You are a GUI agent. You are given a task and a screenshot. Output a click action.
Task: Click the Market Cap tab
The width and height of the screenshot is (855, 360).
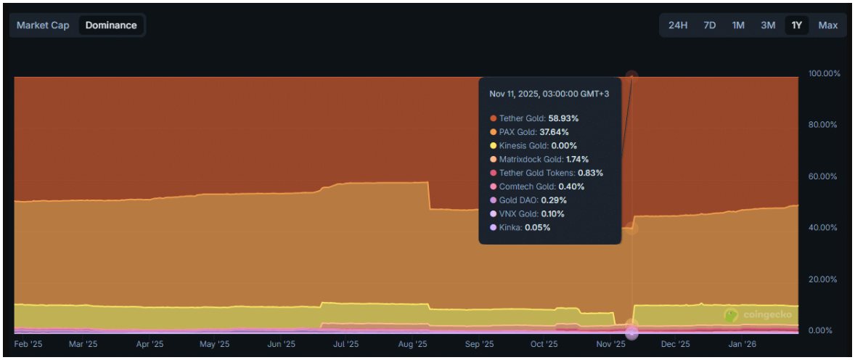pos(43,25)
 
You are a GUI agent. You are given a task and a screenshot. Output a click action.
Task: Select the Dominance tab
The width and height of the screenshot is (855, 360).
pos(111,25)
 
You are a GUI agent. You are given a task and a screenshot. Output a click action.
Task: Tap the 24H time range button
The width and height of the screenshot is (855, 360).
pos(678,25)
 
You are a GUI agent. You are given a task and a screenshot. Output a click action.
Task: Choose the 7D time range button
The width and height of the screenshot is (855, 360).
pos(710,25)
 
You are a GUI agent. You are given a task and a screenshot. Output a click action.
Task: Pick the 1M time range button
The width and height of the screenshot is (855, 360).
pos(738,25)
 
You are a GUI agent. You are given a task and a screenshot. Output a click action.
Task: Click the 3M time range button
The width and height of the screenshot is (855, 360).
pos(768,25)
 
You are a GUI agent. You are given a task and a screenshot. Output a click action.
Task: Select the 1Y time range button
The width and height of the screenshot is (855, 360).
pos(797,25)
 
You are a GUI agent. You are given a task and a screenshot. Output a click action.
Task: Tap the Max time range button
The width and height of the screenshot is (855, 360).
pos(828,25)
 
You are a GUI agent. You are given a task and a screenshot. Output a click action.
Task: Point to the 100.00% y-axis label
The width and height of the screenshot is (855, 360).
pos(824,73)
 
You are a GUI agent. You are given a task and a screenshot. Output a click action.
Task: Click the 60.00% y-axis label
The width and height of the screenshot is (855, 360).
pos(824,176)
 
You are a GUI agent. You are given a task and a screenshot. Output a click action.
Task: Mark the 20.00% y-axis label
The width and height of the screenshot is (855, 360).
pos(824,279)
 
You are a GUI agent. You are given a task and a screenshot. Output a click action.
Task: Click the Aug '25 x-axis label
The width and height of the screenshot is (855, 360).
pos(412,345)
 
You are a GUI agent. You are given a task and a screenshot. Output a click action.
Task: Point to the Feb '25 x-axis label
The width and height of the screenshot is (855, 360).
pos(29,345)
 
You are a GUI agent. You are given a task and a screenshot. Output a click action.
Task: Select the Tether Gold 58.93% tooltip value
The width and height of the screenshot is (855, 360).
pos(564,118)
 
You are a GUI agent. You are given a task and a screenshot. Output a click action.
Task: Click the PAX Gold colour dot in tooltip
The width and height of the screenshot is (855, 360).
pos(494,131)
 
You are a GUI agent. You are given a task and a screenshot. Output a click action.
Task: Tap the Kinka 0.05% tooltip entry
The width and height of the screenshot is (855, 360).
pos(520,227)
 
